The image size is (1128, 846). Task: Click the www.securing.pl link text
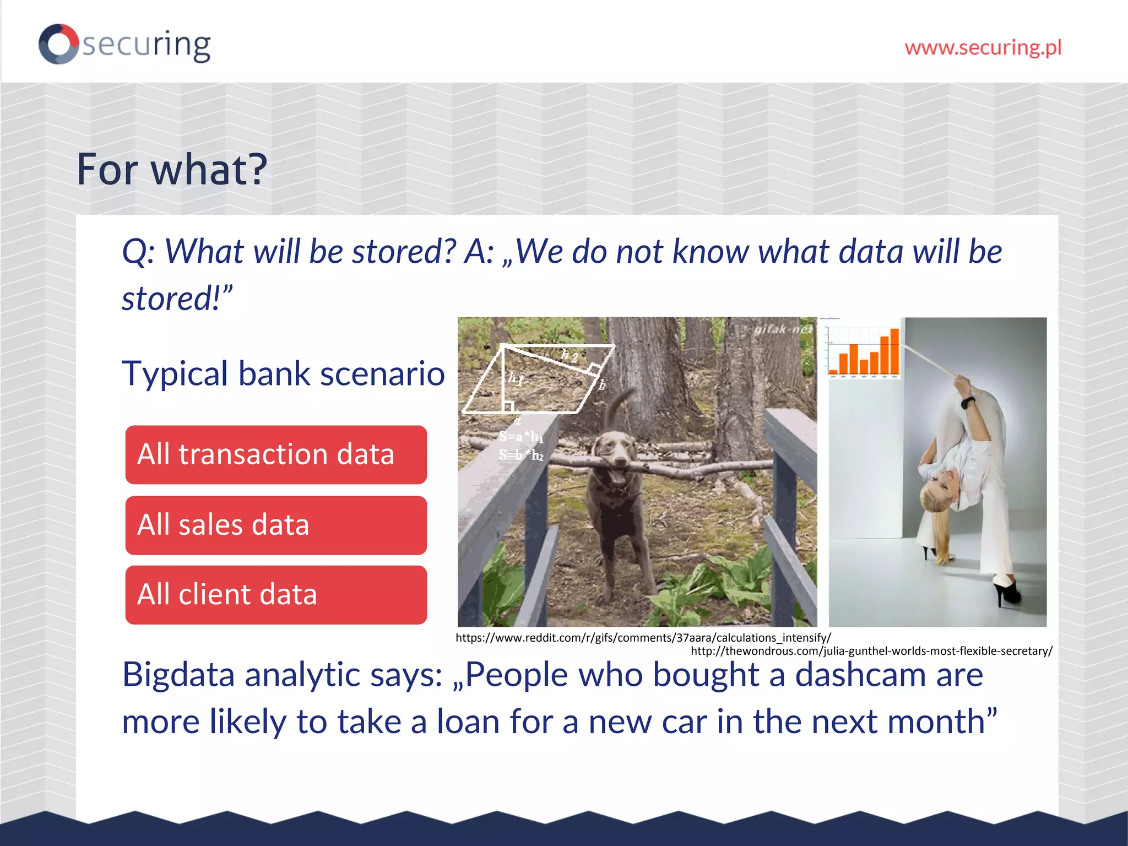click(x=983, y=47)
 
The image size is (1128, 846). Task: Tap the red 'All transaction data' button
click(x=276, y=455)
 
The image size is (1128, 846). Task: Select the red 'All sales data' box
click(x=276, y=525)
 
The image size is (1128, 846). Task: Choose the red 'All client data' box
click(x=276, y=595)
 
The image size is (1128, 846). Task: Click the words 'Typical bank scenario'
click(x=283, y=373)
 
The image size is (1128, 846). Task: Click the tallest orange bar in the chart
click(x=894, y=351)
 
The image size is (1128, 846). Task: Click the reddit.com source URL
click(x=643, y=638)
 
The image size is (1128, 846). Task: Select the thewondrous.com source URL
click(x=871, y=651)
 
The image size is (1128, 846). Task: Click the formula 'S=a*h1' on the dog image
click(x=520, y=437)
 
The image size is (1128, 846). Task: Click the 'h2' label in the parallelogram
click(x=569, y=356)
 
